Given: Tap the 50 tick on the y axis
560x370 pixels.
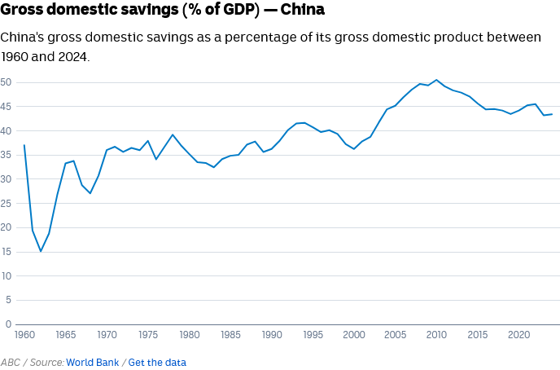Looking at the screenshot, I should [x=6, y=82].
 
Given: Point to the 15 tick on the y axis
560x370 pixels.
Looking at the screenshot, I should [x=6, y=251].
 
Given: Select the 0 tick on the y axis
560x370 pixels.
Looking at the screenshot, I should [x=7, y=299].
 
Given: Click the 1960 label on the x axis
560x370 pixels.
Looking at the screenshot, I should [x=24, y=334].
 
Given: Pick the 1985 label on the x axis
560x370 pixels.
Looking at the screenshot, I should [x=231, y=334].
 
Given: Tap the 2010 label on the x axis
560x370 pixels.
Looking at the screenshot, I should [x=436, y=334].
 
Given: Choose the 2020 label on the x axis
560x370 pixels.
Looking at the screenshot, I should [x=518, y=334].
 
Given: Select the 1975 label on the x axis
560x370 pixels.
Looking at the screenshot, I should [x=148, y=334].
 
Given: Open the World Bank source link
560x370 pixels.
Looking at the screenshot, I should [x=93, y=362].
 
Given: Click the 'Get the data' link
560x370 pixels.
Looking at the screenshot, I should [x=157, y=362].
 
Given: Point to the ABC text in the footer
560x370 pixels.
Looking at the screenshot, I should [x=11, y=362].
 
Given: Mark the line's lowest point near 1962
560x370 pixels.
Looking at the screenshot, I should [x=41, y=251].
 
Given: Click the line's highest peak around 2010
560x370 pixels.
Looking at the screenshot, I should [x=436, y=80].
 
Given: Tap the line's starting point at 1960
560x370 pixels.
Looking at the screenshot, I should [x=24, y=145].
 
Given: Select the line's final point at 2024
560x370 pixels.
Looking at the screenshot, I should [x=552, y=114].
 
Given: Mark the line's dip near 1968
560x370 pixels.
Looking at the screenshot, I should [x=90, y=193].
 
